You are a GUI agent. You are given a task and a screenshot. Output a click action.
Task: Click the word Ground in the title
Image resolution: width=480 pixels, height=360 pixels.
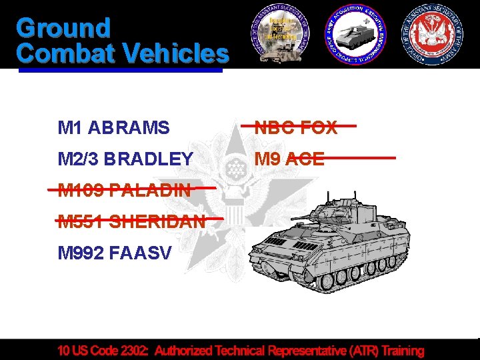63,28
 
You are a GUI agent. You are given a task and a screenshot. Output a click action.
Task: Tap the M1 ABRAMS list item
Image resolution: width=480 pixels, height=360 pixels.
113,127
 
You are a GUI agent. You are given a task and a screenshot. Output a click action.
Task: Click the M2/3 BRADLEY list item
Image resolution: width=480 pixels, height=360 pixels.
125,159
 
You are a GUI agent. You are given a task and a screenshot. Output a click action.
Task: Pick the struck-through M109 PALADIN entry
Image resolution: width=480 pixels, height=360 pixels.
124,190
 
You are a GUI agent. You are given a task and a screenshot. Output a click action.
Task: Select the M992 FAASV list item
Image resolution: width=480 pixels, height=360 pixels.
115,253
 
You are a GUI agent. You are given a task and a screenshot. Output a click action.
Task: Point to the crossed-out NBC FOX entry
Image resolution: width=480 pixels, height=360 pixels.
297,127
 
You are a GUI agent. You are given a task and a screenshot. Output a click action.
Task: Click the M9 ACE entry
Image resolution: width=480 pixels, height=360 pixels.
291,159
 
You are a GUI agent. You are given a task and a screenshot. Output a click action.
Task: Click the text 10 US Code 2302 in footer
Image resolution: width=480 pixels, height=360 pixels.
104,350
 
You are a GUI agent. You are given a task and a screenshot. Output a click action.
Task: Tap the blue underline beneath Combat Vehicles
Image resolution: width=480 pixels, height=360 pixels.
120,69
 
